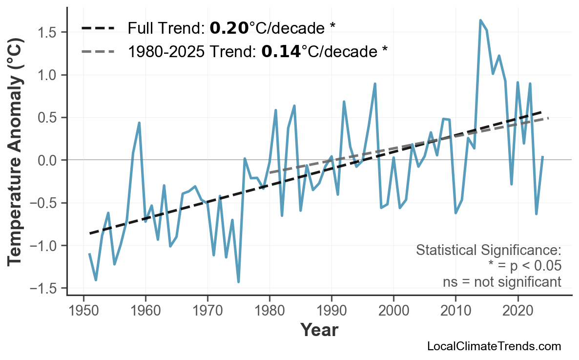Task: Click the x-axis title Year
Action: click(x=319, y=330)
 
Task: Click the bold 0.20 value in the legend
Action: click(x=229, y=28)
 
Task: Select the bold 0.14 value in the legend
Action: click(x=281, y=51)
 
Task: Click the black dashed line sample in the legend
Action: click(x=98, y=28)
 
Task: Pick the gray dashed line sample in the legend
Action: click(x=98, y=51)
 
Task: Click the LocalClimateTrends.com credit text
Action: click(x=494, y=347)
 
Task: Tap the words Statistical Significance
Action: click(x=488, y=251)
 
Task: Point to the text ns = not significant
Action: click(x=502, y=282)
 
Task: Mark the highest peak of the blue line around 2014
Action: click(x=480, y=21)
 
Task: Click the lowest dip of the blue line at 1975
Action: click(x=238, y=282)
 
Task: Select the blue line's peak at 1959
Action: click(x=139, y=123)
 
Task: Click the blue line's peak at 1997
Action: click(x=375, y=84)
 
